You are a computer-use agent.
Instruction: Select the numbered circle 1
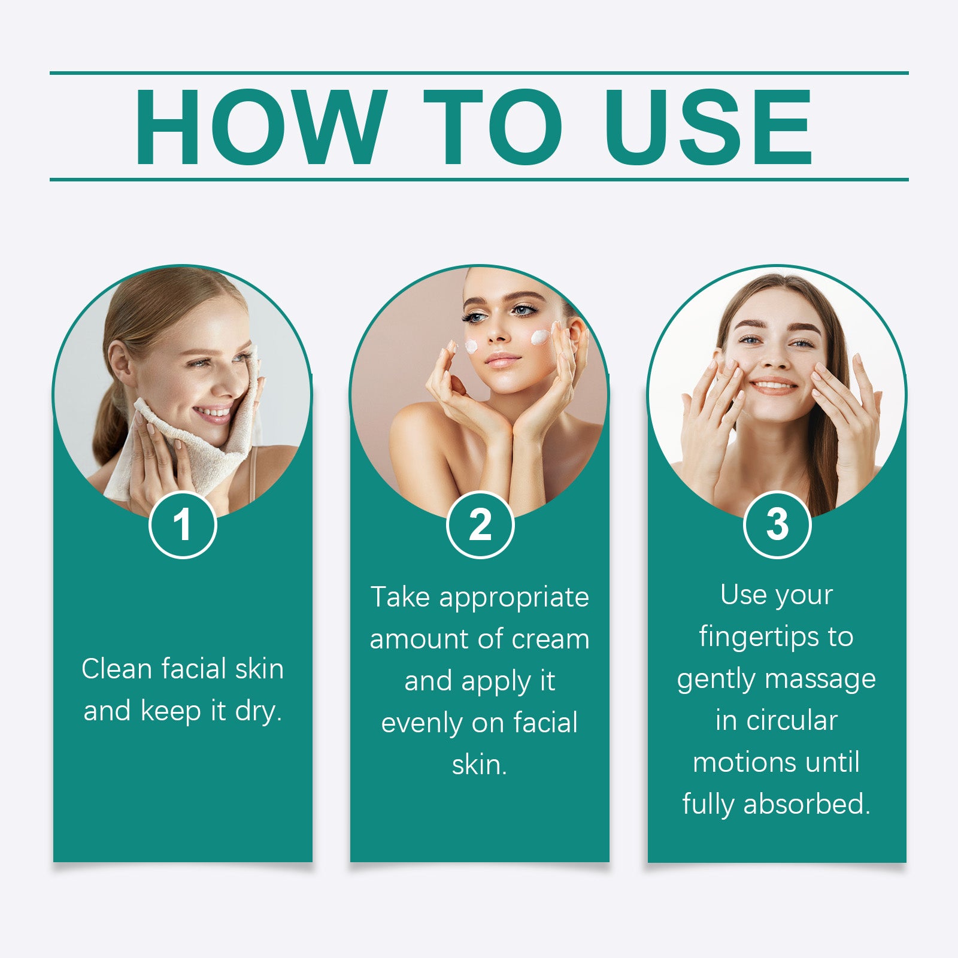click(x=183, y=525)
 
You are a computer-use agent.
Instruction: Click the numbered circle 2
click(x=480, y=525)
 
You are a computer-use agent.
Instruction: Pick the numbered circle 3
click(x=777, y=525)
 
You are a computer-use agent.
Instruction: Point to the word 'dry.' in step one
click(x=258, y=711)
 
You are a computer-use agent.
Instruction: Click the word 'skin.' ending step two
click(x=480, y=765)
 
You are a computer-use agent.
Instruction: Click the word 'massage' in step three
click(x=820, y=679)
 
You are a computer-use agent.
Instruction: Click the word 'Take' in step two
click(x=400, y=598)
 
